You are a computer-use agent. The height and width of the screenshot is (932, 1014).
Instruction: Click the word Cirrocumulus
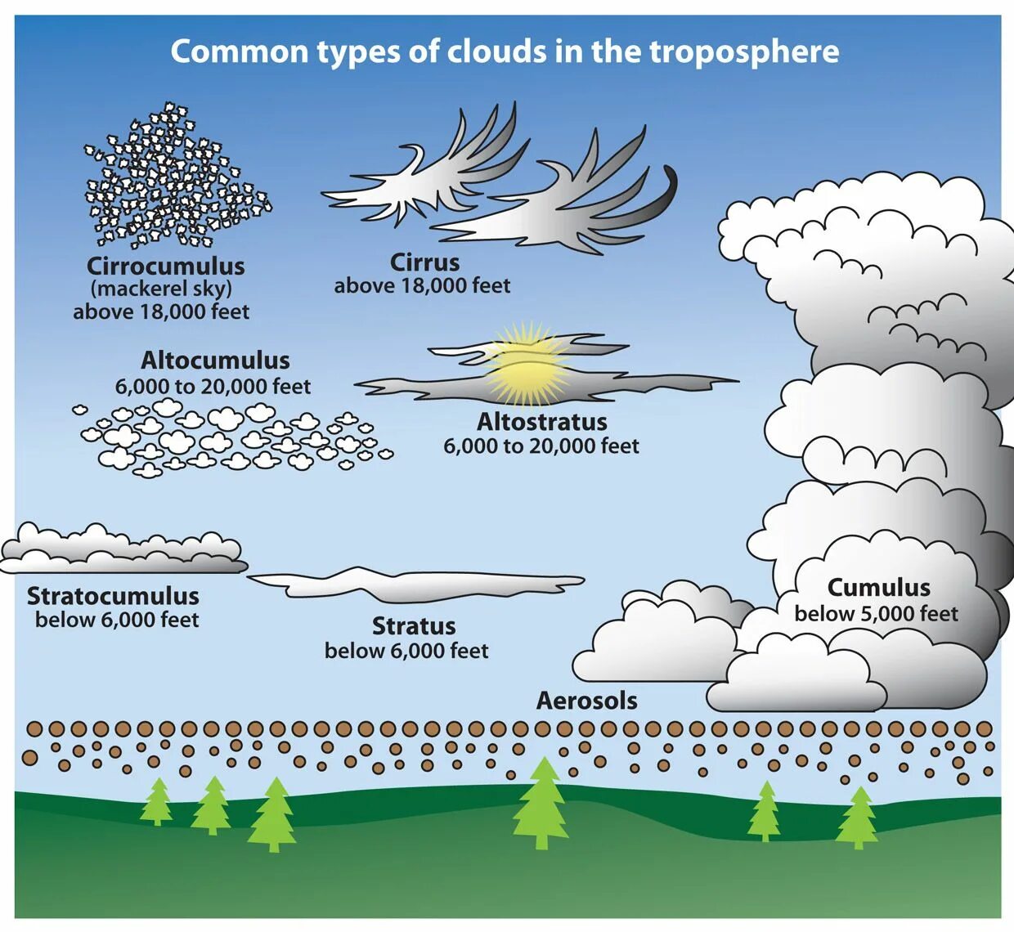(166, 267)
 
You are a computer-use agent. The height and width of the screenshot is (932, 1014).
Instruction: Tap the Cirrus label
(424, 262)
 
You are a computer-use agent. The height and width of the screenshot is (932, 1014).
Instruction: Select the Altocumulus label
(215, 361)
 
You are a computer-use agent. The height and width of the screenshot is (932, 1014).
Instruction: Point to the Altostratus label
(541, 422)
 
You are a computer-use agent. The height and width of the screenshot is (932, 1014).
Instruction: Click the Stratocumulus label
(113, 596)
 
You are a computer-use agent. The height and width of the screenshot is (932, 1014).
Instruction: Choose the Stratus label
(414, 626)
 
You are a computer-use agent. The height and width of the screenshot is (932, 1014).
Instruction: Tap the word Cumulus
(878, 588)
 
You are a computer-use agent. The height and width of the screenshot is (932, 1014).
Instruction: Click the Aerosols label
(586, 701)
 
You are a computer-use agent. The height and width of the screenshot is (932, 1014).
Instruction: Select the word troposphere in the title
(744, 52)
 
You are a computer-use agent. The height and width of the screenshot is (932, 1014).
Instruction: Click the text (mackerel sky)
(161, 289)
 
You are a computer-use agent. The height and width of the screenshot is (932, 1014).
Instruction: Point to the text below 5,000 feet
(876, 614)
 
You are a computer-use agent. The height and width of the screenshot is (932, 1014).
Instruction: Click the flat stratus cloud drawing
(417, 583)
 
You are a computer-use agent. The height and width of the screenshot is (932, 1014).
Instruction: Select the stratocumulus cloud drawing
(123, 550)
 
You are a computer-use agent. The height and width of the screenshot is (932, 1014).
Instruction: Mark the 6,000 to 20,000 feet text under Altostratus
(541, 446)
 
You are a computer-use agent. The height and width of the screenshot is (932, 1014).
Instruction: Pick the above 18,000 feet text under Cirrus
(422, 286)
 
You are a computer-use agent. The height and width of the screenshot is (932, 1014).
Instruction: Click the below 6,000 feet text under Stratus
(406, 651)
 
